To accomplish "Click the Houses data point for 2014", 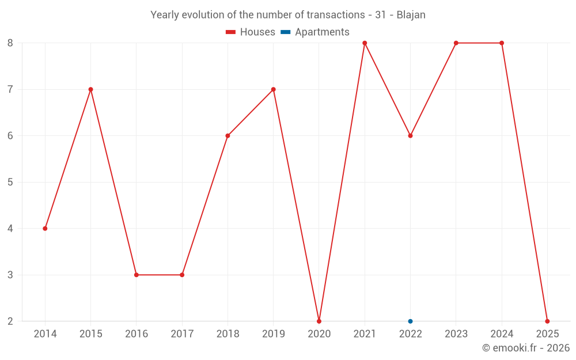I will point(45,229).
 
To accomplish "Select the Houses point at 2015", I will point(90,89).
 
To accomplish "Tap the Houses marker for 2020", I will point(319,321).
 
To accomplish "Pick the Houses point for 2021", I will point(365,43).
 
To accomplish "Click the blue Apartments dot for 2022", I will point(410,321).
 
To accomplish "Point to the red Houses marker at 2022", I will point(410,136).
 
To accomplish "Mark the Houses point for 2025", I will point(547,321).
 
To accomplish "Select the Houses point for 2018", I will point(228,136).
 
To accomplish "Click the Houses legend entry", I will point(251,32).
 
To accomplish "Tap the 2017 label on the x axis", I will point(182,334).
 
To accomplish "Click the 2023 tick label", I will point(456,334).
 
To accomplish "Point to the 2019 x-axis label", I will point(273,334).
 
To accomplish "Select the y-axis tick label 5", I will point(10,182).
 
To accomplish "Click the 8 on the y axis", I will point(10,43).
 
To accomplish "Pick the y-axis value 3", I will point(10,275).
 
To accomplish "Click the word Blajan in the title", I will point(411,15).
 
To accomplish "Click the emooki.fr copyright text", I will point(526,348).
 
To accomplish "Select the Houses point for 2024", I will point(502,43).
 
